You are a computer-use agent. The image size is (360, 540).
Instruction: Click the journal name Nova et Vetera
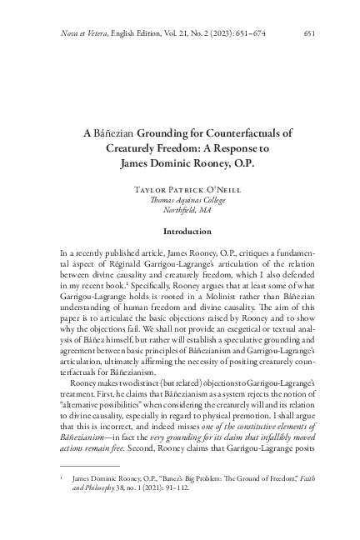click(85, 33)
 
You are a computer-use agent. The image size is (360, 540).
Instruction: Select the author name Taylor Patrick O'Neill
click(180, 189)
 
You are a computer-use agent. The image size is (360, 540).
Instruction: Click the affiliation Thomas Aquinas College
click(180, 201)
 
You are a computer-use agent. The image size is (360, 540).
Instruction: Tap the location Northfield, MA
click(180, 212)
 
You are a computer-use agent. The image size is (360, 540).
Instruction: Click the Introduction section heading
click(180, 231)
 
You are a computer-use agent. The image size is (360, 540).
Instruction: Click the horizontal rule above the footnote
click(78, 466)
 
